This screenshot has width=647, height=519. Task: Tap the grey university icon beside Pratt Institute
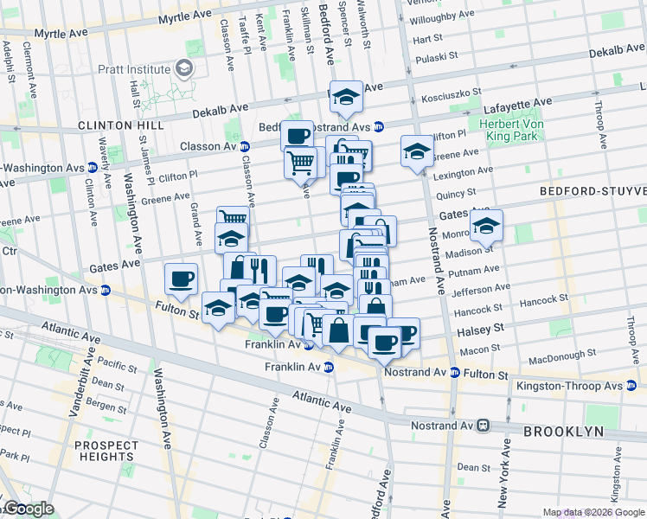(183, 68)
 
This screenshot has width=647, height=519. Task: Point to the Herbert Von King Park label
(510, 130)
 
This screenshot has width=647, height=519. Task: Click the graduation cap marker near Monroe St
(486, 225)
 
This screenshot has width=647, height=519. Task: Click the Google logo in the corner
(28, 509)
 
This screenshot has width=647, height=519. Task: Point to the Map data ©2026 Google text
(593, 512)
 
